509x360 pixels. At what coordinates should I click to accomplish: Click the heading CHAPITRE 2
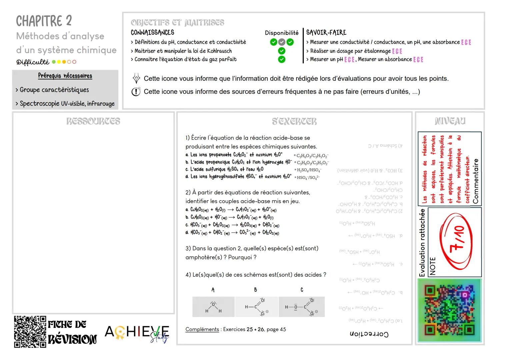point(44,21)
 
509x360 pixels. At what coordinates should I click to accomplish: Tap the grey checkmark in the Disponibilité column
point(282,42)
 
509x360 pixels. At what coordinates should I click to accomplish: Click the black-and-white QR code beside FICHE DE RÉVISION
point(30,332)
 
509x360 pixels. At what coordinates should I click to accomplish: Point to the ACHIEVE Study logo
point(137,333)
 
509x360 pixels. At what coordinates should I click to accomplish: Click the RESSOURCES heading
point(93,121)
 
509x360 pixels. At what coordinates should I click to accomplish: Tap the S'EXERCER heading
point(294,121)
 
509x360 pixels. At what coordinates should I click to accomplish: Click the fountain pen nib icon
point(136,79)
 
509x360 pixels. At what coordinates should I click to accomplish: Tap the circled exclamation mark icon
point(136,92)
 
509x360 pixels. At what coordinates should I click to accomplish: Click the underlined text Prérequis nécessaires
point(65,76)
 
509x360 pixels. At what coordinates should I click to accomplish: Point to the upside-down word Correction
point(369,334)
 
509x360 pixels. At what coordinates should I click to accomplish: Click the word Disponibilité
point(282,33)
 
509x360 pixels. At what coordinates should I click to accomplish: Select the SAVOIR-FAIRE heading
point(326,32)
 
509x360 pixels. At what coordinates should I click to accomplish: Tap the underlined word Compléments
point(202,329)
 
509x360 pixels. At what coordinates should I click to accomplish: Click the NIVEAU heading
point(450,121)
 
